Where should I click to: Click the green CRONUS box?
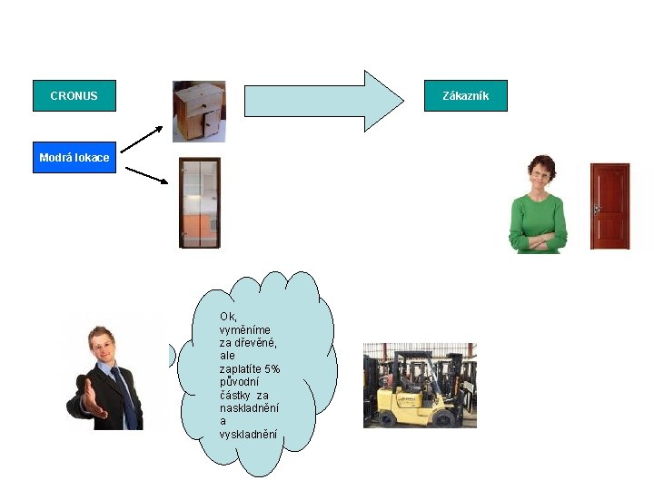point(74,95)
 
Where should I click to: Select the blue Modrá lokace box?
point(74,157)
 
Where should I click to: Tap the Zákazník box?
point(466,95)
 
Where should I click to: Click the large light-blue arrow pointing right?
point(323,101)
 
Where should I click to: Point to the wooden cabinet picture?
point(199,112)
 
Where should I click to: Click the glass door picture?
point(200,202)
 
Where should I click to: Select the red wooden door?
point(609,206)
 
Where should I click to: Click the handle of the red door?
point(597,209)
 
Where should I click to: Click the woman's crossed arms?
point(538,241)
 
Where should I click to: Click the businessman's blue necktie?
point(126,398)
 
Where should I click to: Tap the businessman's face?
point(103,347)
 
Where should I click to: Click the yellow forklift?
point(419,392)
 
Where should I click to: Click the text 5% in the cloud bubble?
point(272,369)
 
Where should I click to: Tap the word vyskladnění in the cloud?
point(248,434)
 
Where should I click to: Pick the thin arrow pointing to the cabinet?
point(142,140)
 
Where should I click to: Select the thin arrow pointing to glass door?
point(147,175)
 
